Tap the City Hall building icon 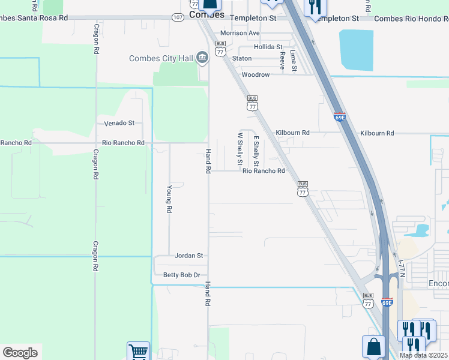pos(202,58)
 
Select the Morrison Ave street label pos(240,33)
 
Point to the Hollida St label pos(268,47)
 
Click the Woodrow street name pos(255,75)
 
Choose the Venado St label pos(119,123)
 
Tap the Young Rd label pos(169,199)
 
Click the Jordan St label pos(189,256)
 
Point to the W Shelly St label pos(239,149)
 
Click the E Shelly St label pos(256,151)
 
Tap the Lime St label pos(294,61)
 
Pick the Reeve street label pos(282,60)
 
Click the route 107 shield pos(178,18)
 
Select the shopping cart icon pos(138,352)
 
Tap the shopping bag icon pos(373,347)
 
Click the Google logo pos(20,353)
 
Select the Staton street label pos(242,59)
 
